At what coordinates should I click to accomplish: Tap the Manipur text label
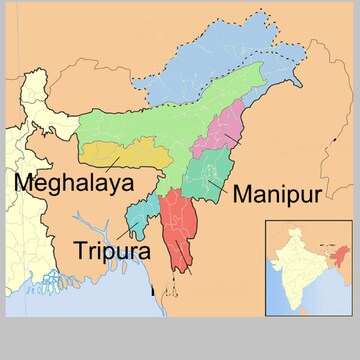click(276, 193)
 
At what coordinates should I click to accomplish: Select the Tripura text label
click(112, 249)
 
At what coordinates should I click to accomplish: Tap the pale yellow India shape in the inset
click(295, 265)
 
